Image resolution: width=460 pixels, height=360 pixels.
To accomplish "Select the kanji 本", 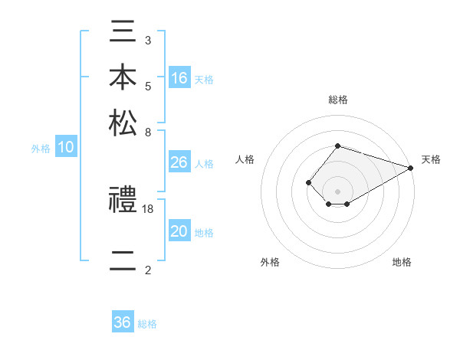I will (123, 78).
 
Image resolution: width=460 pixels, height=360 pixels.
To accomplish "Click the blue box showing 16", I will (179, 78).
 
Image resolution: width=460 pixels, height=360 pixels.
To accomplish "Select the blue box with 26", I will (179, 162).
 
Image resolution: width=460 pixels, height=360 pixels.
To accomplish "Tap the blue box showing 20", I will (179, 232).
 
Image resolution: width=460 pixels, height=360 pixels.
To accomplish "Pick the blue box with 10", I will (66, 148).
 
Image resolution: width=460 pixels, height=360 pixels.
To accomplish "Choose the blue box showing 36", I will (123, 322).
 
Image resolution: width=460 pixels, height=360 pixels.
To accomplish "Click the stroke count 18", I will (148, 208).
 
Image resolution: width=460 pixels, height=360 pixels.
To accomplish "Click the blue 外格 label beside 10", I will (41, 149).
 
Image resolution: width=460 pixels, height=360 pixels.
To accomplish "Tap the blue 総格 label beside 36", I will (147, 323).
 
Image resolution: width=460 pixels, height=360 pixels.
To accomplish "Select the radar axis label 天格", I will (431, 159).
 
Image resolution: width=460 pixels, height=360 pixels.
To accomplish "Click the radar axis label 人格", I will (245, 159).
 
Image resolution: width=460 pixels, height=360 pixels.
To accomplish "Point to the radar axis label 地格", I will (402, 262).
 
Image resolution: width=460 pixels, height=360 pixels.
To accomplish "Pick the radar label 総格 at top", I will (337, 100).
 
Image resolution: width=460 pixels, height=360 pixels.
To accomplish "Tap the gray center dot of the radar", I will (337, 191).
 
